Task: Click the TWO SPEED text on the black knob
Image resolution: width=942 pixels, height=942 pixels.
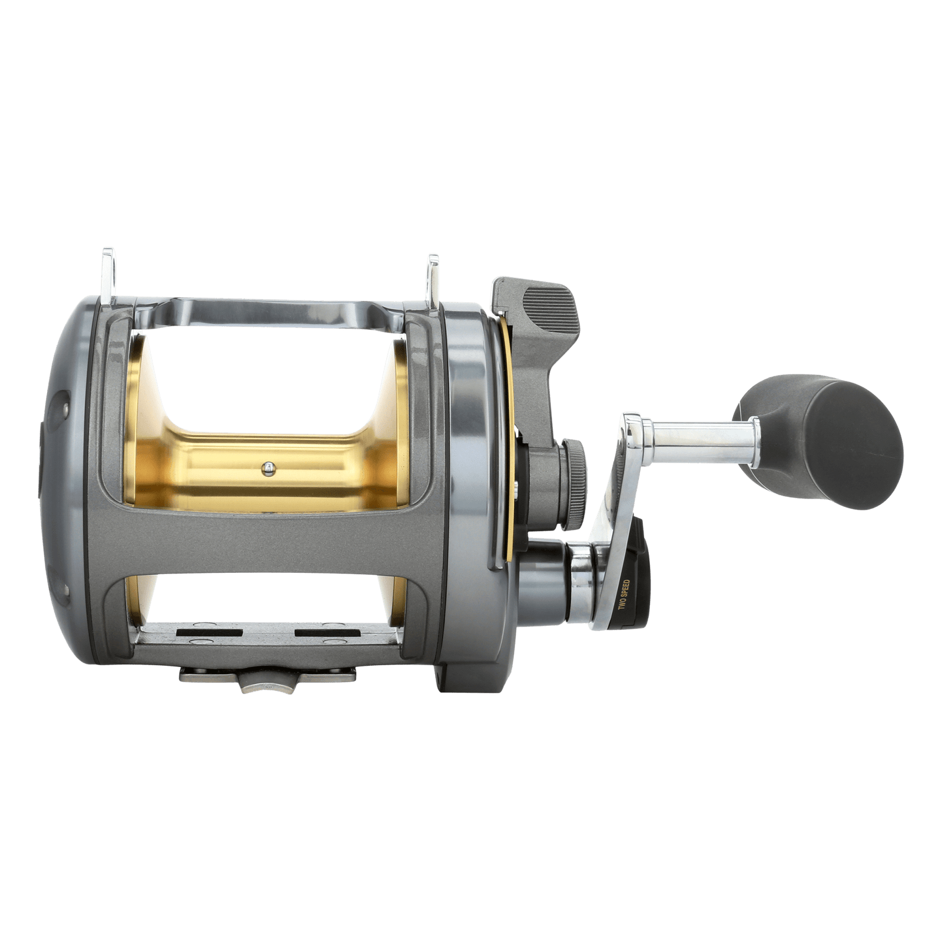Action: [625, 602]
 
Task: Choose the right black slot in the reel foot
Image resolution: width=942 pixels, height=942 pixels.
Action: [327, 633]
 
